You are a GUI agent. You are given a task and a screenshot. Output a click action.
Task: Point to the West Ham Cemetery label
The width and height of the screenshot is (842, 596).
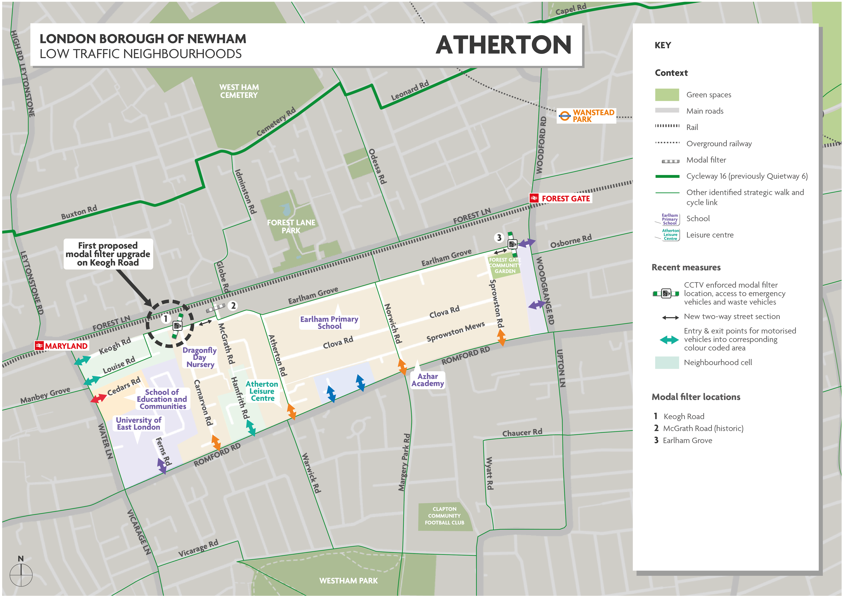[239, 91]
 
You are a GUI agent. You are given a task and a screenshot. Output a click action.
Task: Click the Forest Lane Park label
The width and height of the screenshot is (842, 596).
[291, 226]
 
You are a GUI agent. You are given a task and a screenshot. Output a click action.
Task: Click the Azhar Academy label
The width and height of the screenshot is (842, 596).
[428, 380]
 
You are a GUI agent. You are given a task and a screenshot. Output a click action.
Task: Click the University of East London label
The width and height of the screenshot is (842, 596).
[139, 424]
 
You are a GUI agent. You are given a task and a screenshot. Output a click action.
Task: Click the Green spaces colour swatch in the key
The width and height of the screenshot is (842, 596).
[667, 95]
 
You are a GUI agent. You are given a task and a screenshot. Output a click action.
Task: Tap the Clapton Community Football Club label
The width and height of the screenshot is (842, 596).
[445, 516]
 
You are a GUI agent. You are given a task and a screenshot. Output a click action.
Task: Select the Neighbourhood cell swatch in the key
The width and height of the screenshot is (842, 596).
[667, 363]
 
